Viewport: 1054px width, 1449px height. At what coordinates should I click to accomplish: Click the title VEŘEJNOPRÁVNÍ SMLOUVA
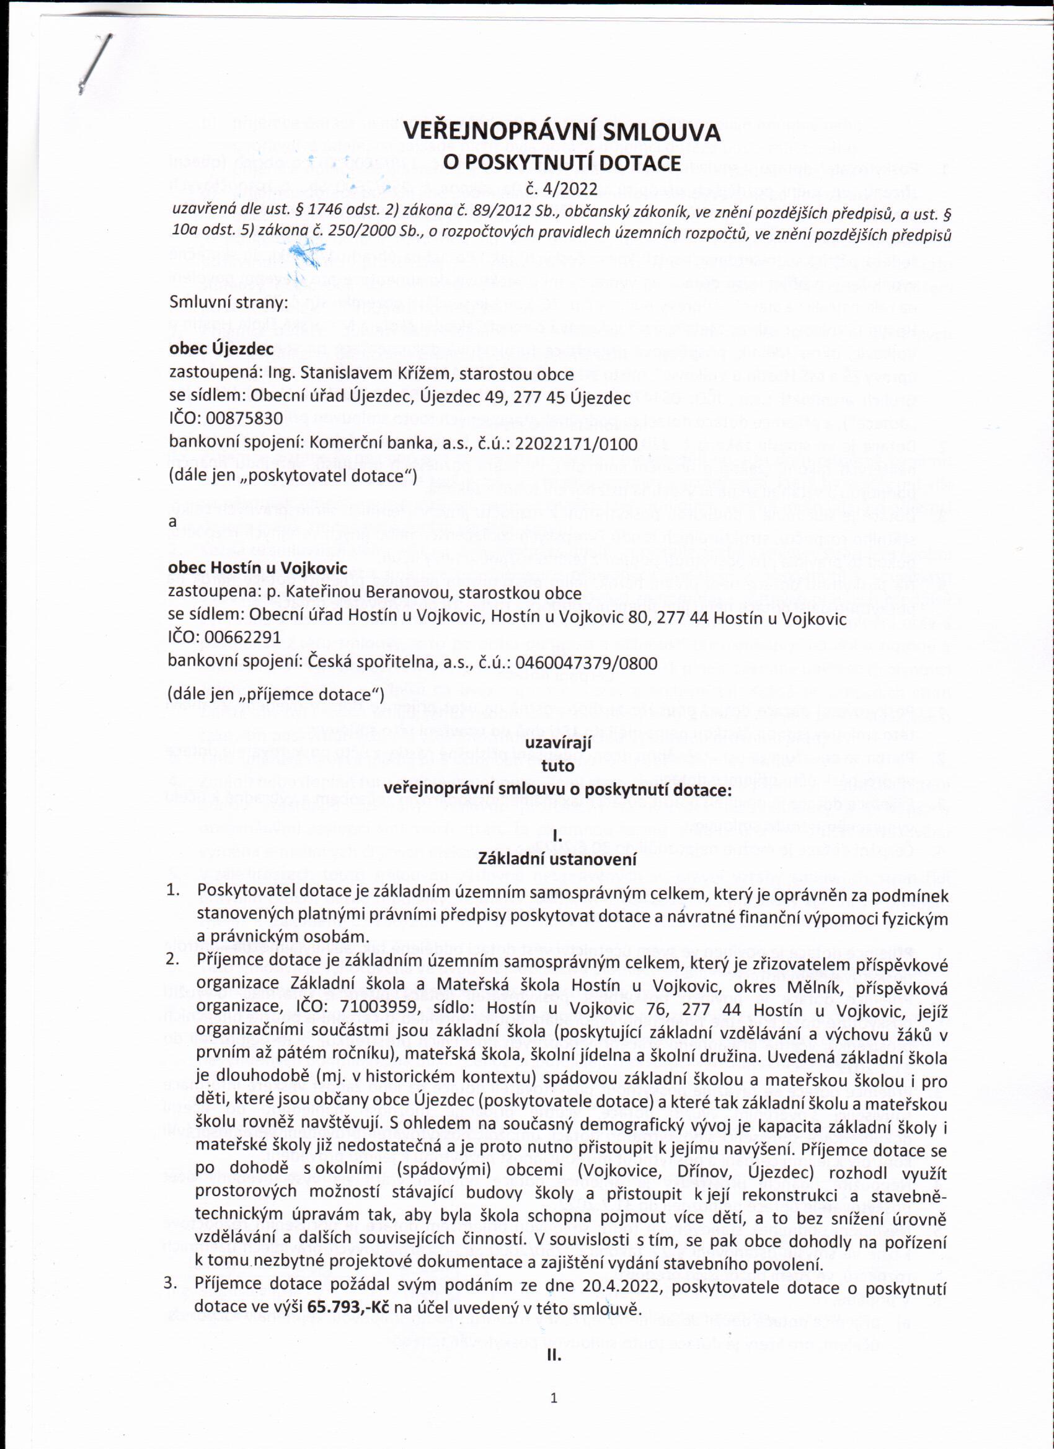(561, 132)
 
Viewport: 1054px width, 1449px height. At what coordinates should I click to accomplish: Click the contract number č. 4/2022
(561, 189)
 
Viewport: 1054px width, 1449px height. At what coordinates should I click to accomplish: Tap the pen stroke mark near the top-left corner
(95, 63)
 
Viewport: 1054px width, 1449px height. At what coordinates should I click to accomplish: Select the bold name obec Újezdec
(221, 349)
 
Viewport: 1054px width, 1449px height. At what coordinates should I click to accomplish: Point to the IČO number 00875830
(244, 418)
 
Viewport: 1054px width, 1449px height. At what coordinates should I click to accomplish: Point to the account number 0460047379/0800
(585, 663)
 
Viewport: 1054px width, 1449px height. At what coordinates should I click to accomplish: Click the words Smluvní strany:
(229, 302)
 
